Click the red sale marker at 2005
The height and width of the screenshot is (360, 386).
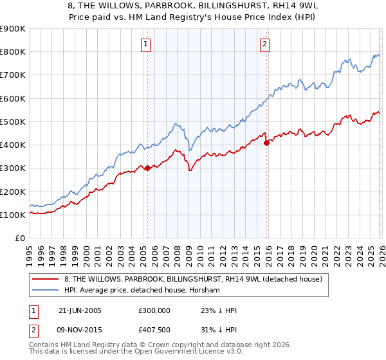point(147,168)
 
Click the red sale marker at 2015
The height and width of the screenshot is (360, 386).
point(266,143)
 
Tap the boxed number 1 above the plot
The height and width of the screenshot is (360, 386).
point(147,44)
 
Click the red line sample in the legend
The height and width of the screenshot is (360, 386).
point(44,279)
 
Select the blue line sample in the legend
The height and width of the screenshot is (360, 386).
point(44,291)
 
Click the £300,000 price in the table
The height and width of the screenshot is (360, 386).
point(155,310)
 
